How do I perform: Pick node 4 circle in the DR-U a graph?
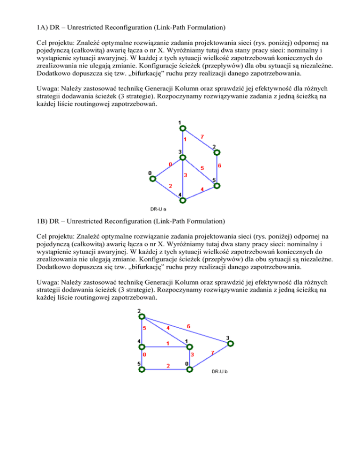click(183, 200)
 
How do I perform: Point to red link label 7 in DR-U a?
click(202, 136)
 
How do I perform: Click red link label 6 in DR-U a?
click(219, 166)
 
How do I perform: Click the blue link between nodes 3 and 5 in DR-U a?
click(200, 172)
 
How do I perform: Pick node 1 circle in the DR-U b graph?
click(188, 347)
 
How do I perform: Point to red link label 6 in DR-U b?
click(188, 326)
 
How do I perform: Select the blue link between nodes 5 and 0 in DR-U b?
click(165, 369)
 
